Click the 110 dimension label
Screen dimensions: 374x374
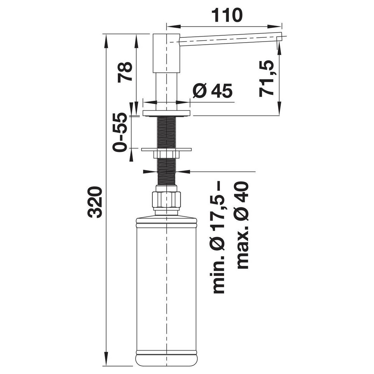coord(226,15)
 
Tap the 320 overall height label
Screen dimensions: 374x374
coord(95,202)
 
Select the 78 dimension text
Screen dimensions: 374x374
coord(125,72)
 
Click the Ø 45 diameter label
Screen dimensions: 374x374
coord(212,91)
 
